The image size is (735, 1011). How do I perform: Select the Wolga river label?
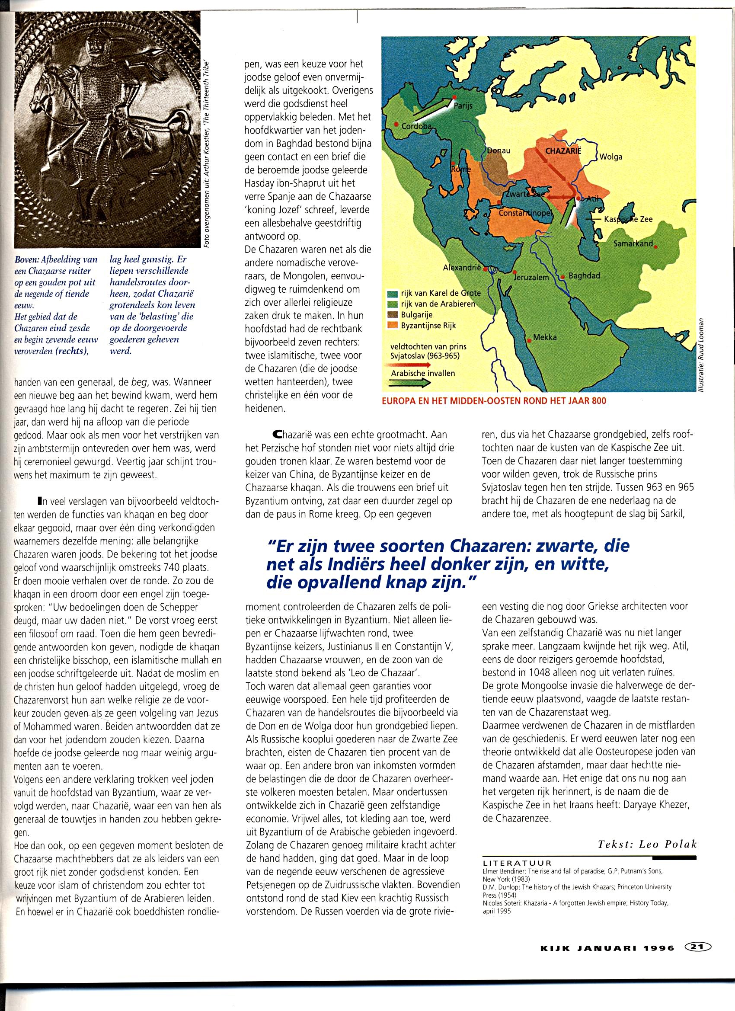tap(610, 157)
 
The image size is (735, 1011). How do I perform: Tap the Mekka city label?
tap(545, 337)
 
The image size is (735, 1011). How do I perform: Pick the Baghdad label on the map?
tap(585, 276)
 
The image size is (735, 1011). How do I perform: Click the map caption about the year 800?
tap(493, 401)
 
